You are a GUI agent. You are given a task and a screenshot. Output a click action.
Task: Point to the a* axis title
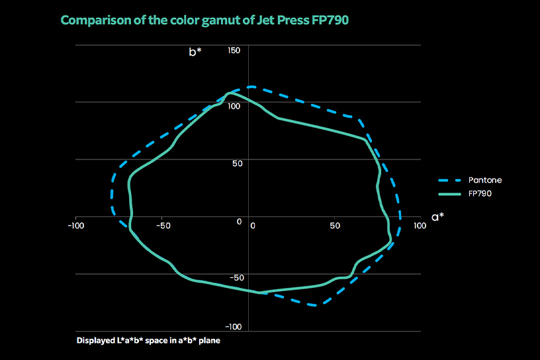437,216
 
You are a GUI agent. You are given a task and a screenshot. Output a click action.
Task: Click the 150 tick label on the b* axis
234,50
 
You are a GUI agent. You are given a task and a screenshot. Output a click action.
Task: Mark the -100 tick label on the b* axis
232,327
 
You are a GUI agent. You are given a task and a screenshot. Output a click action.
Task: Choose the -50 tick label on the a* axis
163,226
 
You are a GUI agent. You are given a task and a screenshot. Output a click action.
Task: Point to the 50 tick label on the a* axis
335,226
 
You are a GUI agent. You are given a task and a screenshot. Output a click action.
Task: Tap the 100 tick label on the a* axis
419,226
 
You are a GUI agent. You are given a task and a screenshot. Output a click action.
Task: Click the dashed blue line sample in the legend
451,180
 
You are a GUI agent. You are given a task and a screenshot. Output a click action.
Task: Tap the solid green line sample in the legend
451,194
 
